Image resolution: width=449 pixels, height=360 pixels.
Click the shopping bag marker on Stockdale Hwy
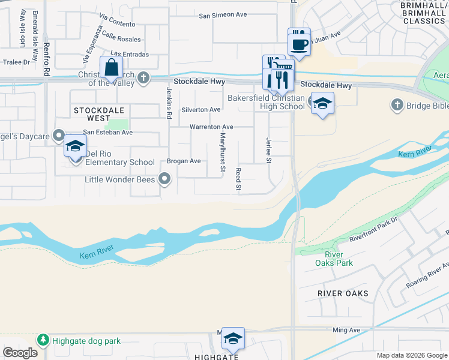tap(112, 67)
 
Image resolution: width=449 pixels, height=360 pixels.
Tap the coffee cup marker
tap(299, 43)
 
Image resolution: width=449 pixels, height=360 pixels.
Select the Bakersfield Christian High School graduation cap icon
tap(322, 104)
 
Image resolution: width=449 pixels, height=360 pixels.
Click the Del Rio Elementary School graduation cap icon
tap(76, 146)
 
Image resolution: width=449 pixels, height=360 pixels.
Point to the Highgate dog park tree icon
tap(43, 341)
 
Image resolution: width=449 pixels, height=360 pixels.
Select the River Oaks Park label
tap(334, 259)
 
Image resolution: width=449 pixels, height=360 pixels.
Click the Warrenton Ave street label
tap(211, 127)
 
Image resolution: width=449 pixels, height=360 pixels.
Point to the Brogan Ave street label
tap(184, 161)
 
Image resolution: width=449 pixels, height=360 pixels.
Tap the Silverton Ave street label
tap(201, 110)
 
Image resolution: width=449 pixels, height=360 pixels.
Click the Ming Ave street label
tap(346, 330)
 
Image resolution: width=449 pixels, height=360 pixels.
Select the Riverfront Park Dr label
tap(373, 230)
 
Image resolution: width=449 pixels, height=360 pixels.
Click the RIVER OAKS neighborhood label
tap(343, 293)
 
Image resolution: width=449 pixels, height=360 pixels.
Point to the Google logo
tap(20, 353)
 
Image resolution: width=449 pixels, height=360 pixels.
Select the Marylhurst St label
tap(222, 151)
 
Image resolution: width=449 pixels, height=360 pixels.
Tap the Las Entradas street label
tap(130, 54)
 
